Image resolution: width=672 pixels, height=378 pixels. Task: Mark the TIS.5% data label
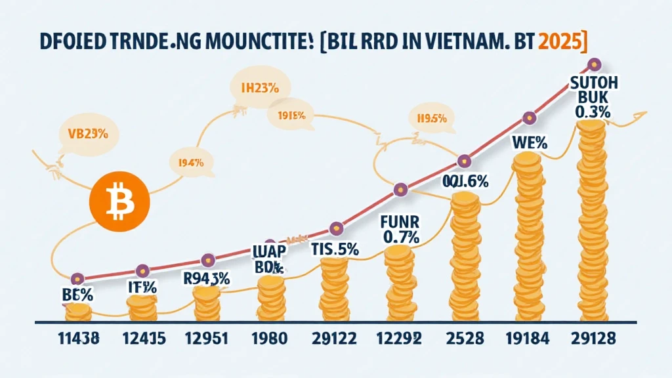click(x=335, y=249)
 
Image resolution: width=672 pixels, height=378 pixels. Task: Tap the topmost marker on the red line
click(x=593, y=64)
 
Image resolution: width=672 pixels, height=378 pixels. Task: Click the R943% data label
click(x=207, y=278)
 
